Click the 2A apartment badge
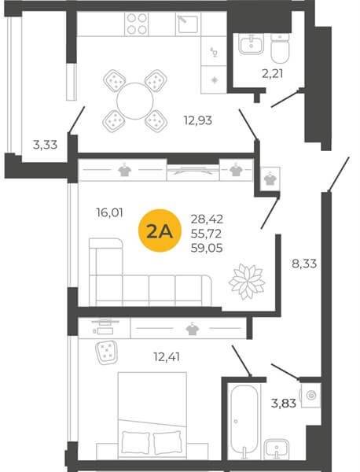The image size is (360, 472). coord(160,230)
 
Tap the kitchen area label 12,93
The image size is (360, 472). coord(198,120)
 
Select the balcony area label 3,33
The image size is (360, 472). coord(45,145)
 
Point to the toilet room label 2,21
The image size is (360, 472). coord(273,73)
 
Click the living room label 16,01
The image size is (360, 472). coord(110,213)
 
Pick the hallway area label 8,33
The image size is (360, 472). coord(304,264)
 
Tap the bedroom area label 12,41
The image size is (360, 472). coord(167,357)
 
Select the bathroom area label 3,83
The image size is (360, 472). coord(284,403)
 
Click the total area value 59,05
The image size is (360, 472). coord(207,249)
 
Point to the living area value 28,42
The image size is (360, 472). coord(207,219)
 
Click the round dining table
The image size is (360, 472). coord(135,101)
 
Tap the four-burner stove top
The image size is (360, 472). coord(137,24)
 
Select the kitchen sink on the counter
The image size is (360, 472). coord(187,24)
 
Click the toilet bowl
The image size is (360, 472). coord(280,48)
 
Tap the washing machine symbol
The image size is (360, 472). coord(310,395)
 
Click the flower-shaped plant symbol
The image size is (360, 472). coord(247,282)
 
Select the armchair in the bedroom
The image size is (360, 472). coord(107,352)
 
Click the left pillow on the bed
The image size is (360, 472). coord(136,443)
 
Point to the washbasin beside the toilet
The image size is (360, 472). coord(251,44)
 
